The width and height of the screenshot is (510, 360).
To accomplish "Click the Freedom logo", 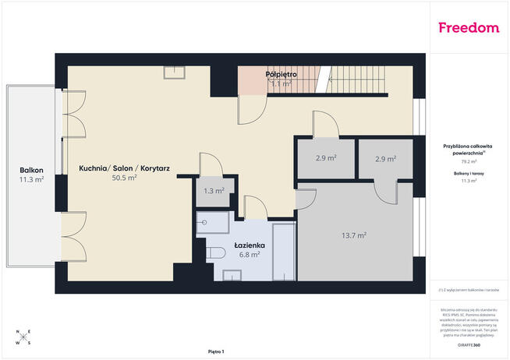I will [x=468, y=28].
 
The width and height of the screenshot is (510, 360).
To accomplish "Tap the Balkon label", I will [x=32, y=170].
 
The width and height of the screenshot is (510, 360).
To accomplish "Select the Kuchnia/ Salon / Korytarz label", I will [x=125, y=168].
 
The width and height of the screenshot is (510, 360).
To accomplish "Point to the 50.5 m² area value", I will [x=125, y=178].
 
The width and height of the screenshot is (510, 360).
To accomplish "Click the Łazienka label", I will [x=250, y=245].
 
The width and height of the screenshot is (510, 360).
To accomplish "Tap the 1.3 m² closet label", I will [x=214, y=190].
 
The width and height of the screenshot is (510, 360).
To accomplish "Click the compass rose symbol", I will [x=23, y=336].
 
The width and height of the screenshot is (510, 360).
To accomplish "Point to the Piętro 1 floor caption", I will [x=216, y=351].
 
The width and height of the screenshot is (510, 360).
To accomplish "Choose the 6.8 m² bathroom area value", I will [x=250, y=254].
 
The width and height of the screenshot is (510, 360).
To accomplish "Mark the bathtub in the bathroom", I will [x=284, y=251].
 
